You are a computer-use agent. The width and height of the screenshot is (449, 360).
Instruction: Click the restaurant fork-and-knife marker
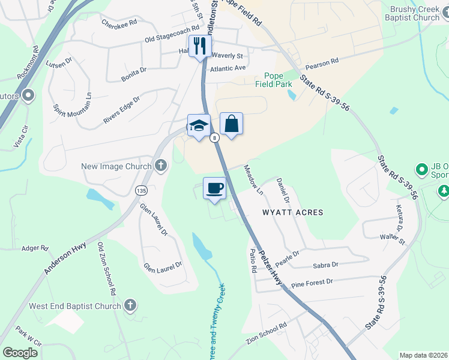(199, 46)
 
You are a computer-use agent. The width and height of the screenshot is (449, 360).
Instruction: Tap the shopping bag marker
(231, 124)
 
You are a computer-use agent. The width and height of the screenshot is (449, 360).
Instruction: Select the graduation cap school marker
(199, 125)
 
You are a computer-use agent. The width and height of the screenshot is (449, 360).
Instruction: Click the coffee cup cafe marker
(214, 188)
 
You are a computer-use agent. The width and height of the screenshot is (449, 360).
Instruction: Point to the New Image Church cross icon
(160, 166)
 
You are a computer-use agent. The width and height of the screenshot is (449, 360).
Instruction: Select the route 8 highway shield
(214, 138)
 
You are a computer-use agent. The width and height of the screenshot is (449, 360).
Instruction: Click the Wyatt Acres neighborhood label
(292, 212)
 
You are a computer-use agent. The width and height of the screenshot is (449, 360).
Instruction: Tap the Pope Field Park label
(278, 80)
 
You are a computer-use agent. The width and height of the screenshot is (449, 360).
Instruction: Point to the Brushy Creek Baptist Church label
(414, 13)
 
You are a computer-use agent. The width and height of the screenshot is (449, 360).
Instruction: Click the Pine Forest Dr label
(312, 282)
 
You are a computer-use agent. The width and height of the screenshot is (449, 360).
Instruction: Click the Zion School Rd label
(266, 333)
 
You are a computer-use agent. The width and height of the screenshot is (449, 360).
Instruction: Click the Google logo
(20, 353)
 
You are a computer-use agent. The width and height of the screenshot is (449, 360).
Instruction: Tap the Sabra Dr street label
(326, 265)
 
